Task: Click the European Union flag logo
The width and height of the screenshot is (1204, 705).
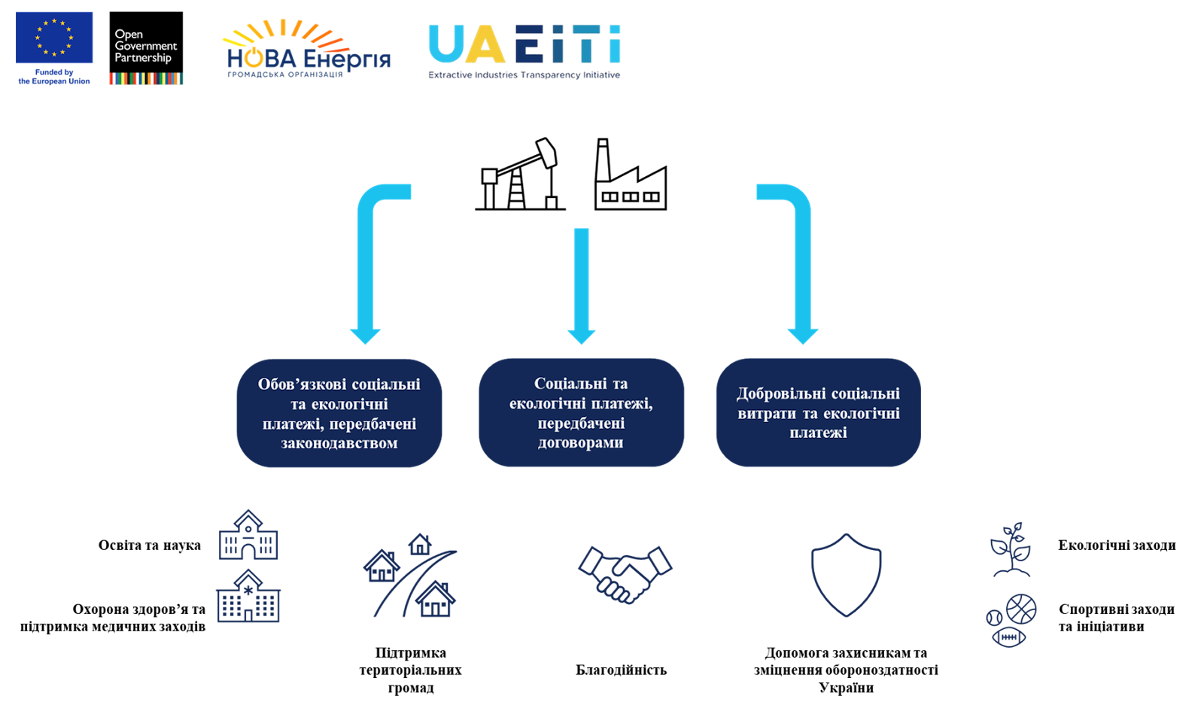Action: click(x=54, y=38)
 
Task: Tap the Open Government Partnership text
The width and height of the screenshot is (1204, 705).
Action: click(x=145, y=46)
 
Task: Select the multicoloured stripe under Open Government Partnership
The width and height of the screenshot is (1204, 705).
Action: click(x=146, y=79)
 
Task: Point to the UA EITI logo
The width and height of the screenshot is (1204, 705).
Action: click(x=524, y=49)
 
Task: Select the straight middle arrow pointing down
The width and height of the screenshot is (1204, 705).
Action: click(x=581, y=286)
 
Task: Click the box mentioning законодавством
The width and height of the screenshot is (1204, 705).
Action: click(x=339, y=413)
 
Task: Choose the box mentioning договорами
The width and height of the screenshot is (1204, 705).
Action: click(x=581, y=413)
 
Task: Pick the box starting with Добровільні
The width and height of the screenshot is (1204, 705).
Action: click(x=818, y=413)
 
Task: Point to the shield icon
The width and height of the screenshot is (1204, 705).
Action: click(x=846, y=575)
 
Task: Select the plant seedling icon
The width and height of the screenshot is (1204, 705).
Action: click(x=1011, y=549)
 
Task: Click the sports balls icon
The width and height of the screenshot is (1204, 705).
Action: click(x=1011, y=620)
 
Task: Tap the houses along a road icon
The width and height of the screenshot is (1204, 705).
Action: click(x=411, y=576)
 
